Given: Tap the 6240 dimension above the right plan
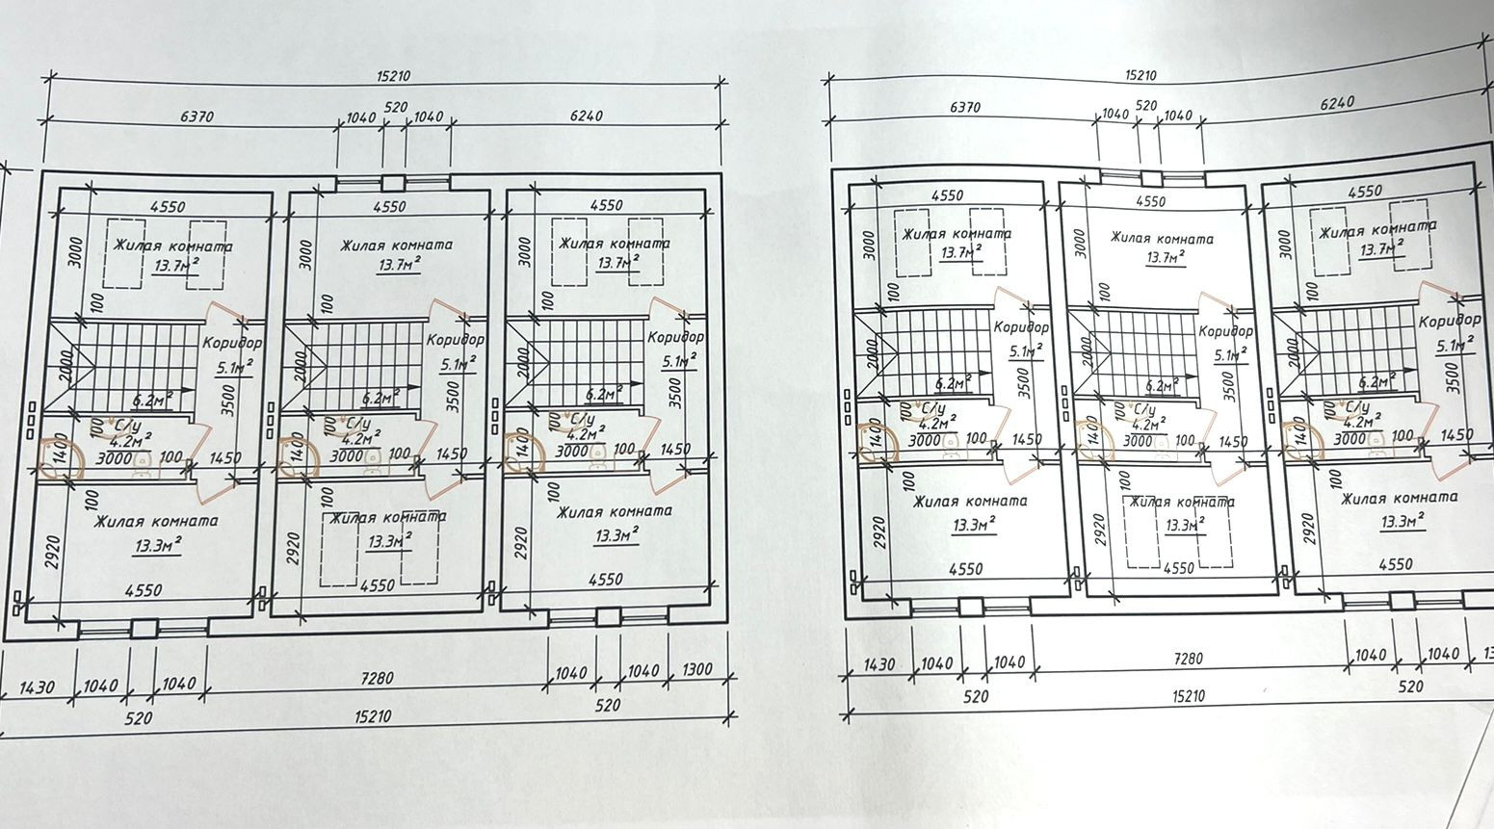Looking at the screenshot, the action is tap(1336, 102).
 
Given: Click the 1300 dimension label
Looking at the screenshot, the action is tap(697, 670).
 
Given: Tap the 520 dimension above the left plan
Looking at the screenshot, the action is tap(396, 107).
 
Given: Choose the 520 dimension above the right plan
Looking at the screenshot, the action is tap(1145, 105).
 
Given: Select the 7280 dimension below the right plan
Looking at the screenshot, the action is tap(1189, 659).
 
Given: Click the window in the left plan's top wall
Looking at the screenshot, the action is tap(392, 182).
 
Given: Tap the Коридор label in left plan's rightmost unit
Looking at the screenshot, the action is tap(676, 337).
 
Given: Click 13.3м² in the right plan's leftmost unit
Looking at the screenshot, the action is tap(973, 525).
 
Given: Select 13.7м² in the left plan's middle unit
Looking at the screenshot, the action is tap(399, 265).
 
